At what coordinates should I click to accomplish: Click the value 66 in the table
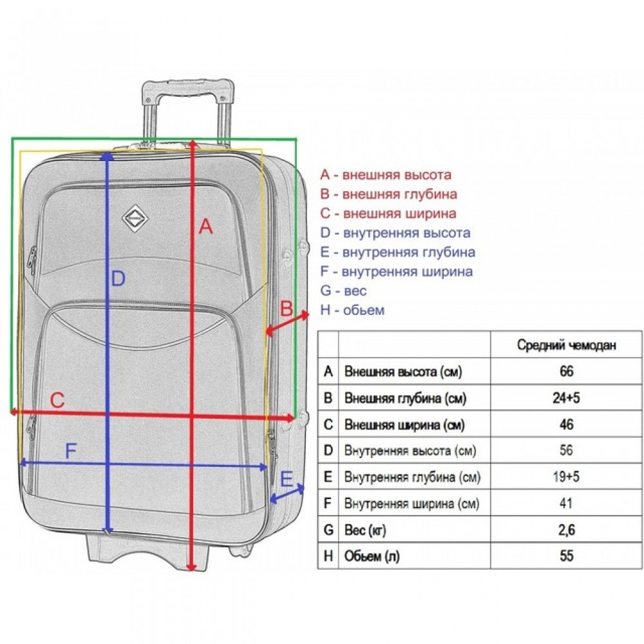[x=566, y=372]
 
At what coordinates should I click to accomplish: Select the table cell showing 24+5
[x=566, y=397]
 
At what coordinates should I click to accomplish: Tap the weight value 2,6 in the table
[x=566, y=530]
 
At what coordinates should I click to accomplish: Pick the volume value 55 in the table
[x=566, y=556]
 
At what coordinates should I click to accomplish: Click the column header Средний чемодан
[x=566, y=345]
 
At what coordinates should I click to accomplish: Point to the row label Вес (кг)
[x=365, y=530]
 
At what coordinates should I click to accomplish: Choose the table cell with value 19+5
[x=566, y=477]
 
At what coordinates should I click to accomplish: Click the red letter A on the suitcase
[x=206, y=226]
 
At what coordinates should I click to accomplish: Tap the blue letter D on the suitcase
[x=118, y=278]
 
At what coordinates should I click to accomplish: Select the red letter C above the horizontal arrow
[x=57, y=400]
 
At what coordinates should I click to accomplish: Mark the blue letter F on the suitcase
[x=71, y=451]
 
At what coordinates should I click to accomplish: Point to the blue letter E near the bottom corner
[x=287, y=479]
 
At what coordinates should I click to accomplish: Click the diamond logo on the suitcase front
[x=135, y=218]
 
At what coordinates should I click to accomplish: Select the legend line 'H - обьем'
[x=352, y=310]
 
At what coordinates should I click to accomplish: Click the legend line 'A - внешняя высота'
[x=386, y=175]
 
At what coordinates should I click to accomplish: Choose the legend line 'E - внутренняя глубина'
[x=397, y=252]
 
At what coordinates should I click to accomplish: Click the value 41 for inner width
[x=566, y=503]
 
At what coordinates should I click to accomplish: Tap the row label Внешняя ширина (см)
[x=404, y=424]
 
